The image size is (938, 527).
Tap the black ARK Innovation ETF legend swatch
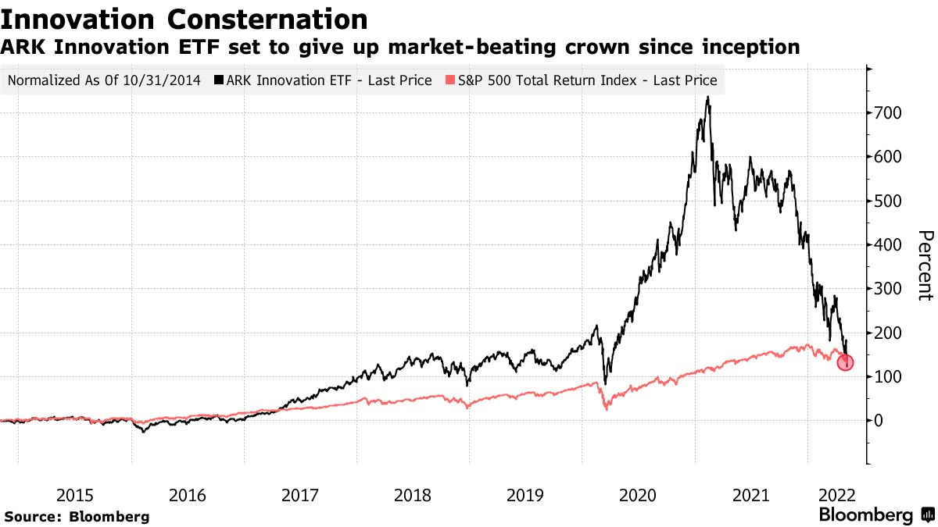click(x=219, y=80)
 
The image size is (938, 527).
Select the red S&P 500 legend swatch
click(x=450, y=80)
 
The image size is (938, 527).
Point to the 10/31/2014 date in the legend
click(x=162, y=80)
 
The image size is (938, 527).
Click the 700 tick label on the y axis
click(x=888, y=113)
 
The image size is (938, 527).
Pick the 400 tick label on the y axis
click(x=888, y=244)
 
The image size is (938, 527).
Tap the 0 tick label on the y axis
click(x=879, y=421)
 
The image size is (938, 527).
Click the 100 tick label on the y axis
click(x=888, y=377)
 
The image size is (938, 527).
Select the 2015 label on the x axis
click(x=75, y=496)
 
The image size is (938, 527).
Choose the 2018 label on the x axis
click(x=413, y=496)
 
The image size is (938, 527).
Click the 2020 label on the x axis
click(x=638, y=496)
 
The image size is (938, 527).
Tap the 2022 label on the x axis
click(x=837, y=496)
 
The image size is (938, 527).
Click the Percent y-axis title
click(x=925, y=265)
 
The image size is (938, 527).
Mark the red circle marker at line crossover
click(x=845, y=362)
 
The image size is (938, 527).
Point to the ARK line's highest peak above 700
click(x=707, y=97)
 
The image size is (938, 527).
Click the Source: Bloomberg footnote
click(x=77, y=517)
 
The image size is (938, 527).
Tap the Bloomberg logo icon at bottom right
click(x=927, y=515)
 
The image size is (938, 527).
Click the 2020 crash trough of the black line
click(x=605, y=383)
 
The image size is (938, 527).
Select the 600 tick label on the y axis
click(x=888, y=157)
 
